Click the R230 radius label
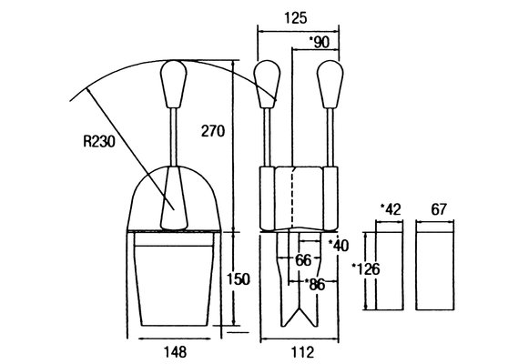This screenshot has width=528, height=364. click(x=99, y=141)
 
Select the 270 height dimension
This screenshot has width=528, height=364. click(x=212, y=131)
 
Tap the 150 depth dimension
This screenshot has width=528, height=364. click(x=239, y=279)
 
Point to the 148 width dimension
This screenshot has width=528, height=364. click(x=175, y=352)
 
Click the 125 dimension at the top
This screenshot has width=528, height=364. click(x=296, y=18)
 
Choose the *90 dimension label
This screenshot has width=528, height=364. click(x=320, y=43)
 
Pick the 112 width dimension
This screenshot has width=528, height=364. click(x=302, y=352)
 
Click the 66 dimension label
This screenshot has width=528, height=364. click(x=303, y=260)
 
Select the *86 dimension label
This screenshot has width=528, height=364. click(x=315, y=285)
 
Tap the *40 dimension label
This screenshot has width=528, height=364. click(x=338, y=246)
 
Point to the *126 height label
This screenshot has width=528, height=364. click(x=366, y=269)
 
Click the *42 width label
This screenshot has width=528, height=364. click(x=391, y=209)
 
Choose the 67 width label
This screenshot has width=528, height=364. click(x=439, y=209)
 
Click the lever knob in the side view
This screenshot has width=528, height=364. click(x=173, y=85)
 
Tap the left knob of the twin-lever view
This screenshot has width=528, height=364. click(x=267, y=85)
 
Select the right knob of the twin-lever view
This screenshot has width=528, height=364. click(x=330, y=85)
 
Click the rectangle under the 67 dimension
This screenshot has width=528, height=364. click(x=435, y=266)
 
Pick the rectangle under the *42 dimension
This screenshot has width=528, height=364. click(x=390, y=266)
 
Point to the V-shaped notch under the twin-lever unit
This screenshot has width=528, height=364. click(x=299, y=317)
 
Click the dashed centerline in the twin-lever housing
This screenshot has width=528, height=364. click(x=293, y=198)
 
